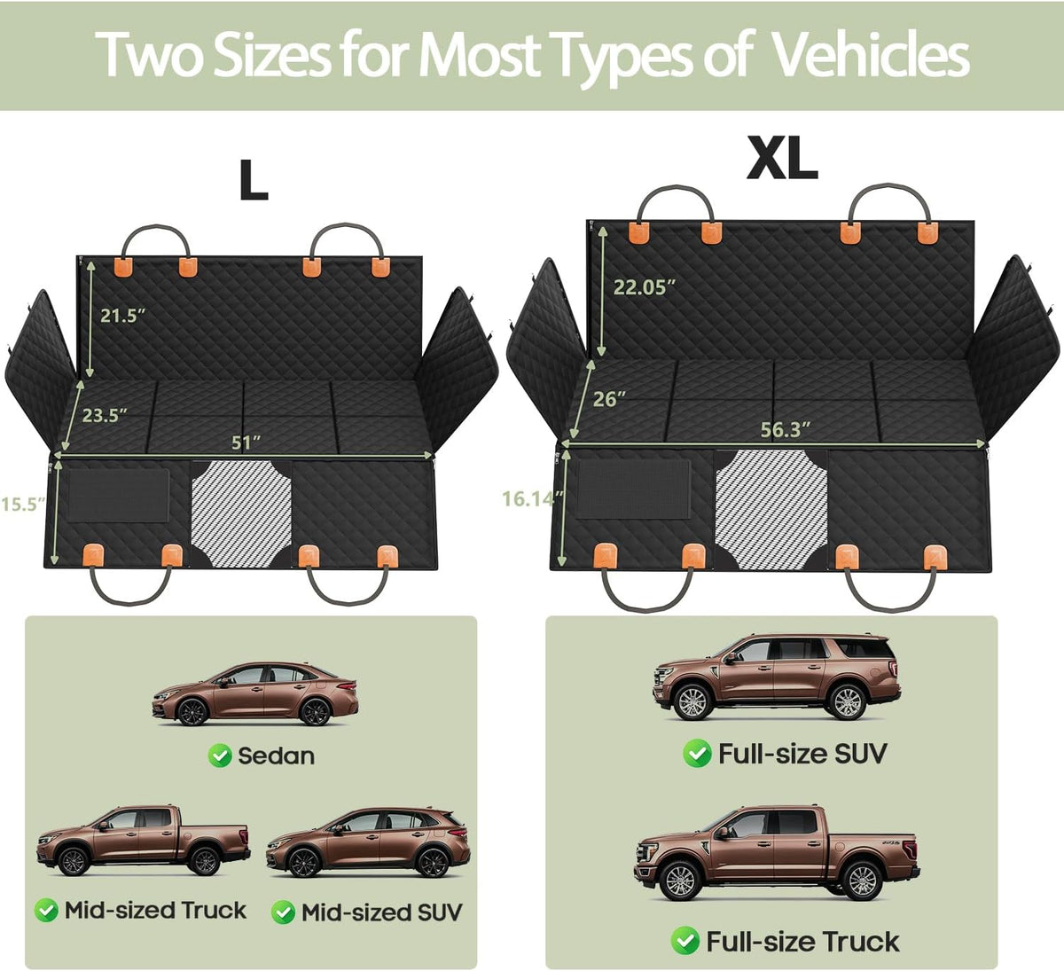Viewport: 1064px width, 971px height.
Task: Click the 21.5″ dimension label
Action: point(122,316)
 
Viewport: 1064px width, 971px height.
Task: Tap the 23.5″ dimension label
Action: point(105,415)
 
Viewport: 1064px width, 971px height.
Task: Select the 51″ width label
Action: point(246,442)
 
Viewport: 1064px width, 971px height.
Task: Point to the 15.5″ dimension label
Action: point(23,504)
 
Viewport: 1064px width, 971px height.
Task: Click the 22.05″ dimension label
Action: point(645,287)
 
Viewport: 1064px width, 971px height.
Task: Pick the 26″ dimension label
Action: point(609,399)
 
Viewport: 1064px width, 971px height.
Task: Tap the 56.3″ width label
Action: point(786,429)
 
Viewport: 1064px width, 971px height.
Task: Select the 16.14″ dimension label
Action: point(533,498)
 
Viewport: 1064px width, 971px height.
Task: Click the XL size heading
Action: point(782,158)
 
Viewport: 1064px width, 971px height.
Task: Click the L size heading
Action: point(254,180)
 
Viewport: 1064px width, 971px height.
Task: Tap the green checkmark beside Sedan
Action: point(220,755)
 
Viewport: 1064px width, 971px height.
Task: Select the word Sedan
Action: point(276,756)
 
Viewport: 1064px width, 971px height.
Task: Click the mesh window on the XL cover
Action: point(771,509)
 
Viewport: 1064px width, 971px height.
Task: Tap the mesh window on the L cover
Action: point(241,513)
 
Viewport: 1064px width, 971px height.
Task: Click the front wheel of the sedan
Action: point(192,711)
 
